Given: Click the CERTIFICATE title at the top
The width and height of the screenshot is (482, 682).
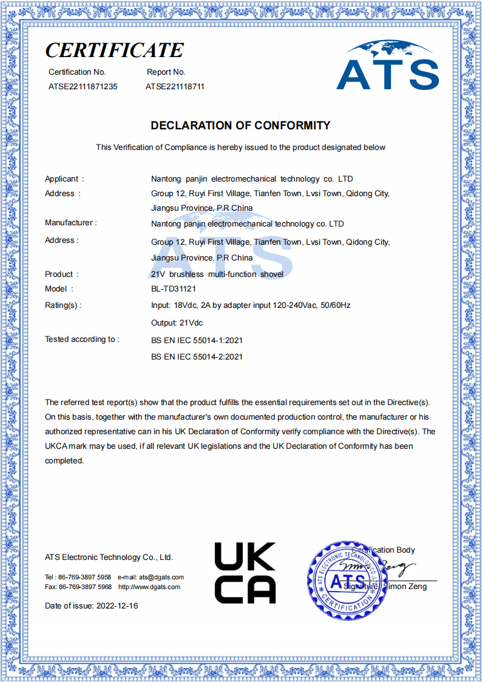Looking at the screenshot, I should [114, 50].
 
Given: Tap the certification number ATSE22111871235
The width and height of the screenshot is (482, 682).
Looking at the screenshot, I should [83, 87].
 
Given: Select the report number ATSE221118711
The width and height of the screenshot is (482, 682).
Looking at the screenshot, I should [175, 87].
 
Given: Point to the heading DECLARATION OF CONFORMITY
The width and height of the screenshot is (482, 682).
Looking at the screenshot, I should [240, 126].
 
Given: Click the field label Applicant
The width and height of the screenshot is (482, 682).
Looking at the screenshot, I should [63, 179].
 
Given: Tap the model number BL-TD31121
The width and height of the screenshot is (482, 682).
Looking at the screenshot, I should [174, 289].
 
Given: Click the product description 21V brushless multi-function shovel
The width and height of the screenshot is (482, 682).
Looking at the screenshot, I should [217, 275].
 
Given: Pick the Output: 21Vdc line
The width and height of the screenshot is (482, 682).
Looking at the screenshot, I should [177, 322].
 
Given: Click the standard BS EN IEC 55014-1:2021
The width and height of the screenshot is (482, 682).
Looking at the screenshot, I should [197, 341].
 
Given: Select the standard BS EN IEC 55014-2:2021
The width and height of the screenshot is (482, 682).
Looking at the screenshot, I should [197, 356].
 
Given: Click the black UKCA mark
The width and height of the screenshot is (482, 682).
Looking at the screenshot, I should [245, 573].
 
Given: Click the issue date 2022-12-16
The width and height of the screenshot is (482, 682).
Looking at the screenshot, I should [117, 606].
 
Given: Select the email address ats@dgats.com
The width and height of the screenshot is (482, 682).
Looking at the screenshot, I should [161, 577].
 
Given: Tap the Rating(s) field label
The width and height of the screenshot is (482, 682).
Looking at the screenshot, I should [63, 305].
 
